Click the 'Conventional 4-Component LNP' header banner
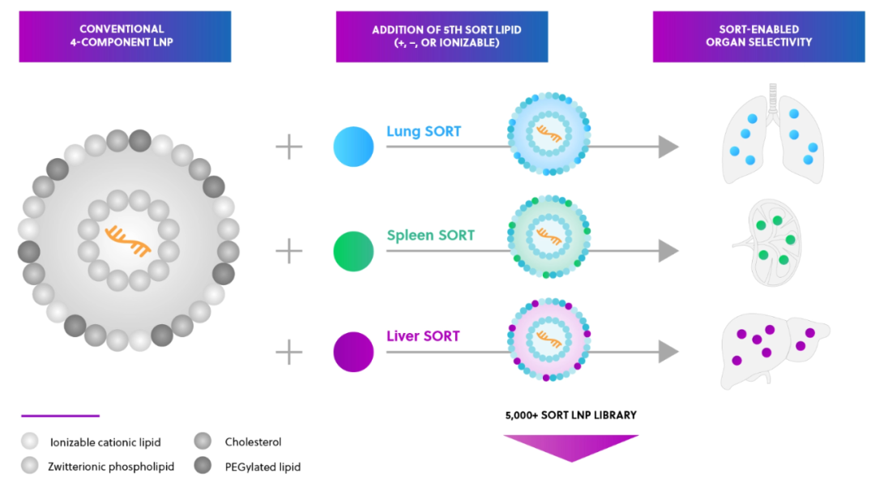(125, 36)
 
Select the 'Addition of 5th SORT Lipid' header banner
(442, 36)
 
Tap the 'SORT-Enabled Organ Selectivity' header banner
(759, 36)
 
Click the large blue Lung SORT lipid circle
(353, 147)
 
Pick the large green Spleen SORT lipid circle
(353, 251)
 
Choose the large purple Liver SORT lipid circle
(353, 352)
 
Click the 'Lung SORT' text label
(424, 131)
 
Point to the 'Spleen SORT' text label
(430, 236)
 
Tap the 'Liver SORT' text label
(424, 336)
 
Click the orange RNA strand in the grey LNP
(128, 241)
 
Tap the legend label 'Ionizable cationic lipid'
(105, 442)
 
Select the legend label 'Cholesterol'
(253, 442)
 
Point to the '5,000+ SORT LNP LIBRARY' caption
(571, 416)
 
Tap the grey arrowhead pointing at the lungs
(668, 147)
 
